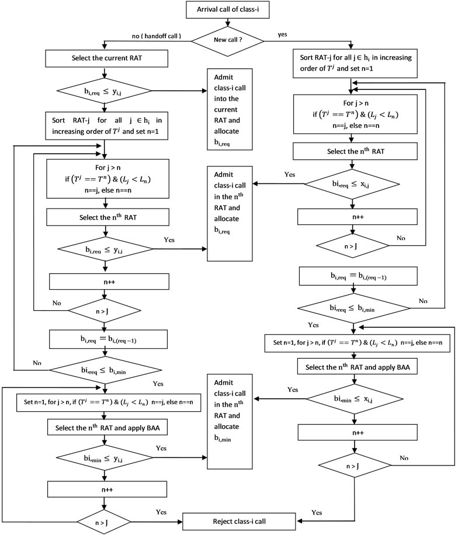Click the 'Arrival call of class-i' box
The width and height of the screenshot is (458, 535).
coord(228,10)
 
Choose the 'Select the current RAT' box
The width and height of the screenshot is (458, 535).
coord(104,59)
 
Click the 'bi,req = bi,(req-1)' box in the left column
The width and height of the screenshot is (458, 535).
coord(104,338)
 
